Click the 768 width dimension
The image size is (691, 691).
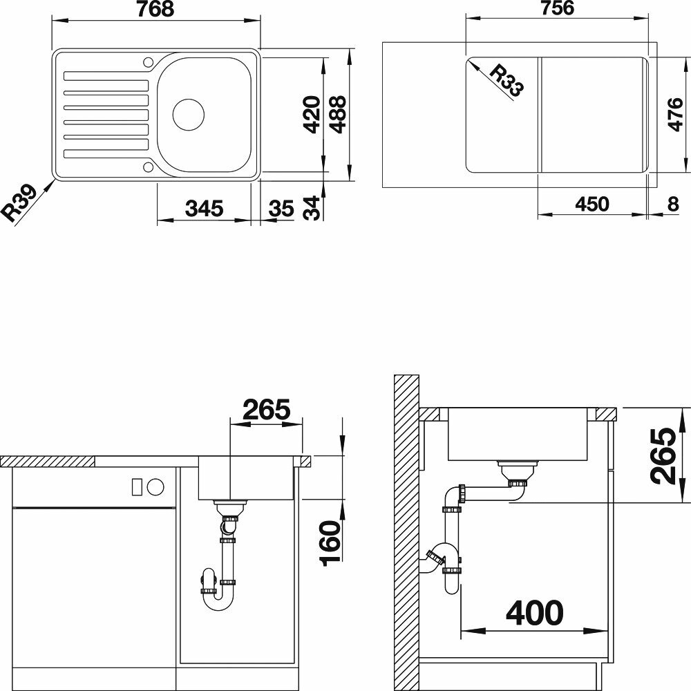(x=155, y=9)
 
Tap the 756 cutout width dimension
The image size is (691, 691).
(x=558, y=8)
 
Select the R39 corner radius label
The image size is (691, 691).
(x=19, y=203)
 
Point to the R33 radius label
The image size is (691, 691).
(x=507, y=80)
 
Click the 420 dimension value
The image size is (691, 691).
(x=312, y=114)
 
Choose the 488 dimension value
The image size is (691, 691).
(x=338, y=114)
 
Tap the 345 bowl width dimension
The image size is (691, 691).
(x=204, y=209)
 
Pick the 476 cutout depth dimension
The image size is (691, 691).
(x=674, y=115)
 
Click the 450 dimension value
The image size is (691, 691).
(x=592, y=204)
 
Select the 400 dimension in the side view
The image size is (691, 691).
(x=535, y=612)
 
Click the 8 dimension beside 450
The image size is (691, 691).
(x=673, y=204)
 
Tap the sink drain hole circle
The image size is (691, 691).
(x=189, y=115)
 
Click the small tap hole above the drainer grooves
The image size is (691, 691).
(x=148, y=61)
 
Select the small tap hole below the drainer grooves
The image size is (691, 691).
(x=148, y=167)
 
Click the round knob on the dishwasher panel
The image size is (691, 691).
(x=155, y=486)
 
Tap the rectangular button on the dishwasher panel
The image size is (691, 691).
(x=137, y=486)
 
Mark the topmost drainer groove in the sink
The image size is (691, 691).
(x=106, y=76)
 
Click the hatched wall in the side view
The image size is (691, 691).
(x=406, y=533)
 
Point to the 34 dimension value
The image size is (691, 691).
(x=312, y=207)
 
